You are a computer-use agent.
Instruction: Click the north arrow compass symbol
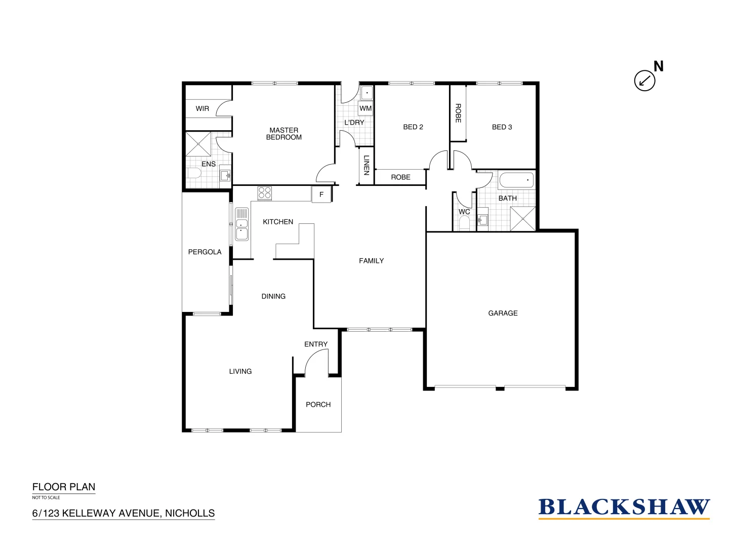(x=644, y=80)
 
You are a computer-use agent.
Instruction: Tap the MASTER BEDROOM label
(x=283, y=134)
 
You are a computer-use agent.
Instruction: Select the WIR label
(x=202, y=108)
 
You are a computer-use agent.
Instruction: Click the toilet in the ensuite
(x=194, y=174)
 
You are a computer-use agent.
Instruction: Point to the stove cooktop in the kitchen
(x=265, y=193)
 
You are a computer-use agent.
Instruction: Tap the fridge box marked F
(x=321, y=194)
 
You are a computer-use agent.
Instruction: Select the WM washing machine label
(x=366, y=108)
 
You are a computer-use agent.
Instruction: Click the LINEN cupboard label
(x=366, y=165)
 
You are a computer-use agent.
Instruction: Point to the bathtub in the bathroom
(x=516, y=180)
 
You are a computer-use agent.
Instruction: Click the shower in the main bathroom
(x=522, y=219)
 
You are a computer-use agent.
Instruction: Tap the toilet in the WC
(x=464, y=223)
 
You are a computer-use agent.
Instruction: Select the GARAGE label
(x=503, y=313)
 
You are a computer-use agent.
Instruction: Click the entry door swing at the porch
(x=316, y=363)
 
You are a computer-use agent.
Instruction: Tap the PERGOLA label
(x=205, y=252)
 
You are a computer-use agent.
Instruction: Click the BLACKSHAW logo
(x=624, y=507)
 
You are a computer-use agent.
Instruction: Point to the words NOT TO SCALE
(x=46, y=497)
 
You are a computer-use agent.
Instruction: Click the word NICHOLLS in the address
(x=190, y=513)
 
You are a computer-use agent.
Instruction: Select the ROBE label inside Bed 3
(x=458, y=113)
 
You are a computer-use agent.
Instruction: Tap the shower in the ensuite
(x=198, y=144)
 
